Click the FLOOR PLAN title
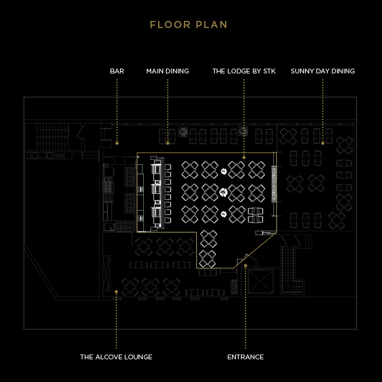[189, 25]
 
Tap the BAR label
[117, 71]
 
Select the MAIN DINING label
[168, 71]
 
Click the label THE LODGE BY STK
[244, 71]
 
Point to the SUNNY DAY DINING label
[323, 71]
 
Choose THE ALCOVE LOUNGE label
[116, 357]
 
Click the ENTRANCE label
[245, 357]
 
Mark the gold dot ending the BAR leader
[117, 143]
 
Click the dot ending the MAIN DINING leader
[168, 143]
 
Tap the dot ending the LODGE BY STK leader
[244, 157]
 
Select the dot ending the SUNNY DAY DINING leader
[323, 143]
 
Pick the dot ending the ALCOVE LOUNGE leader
[116, 292]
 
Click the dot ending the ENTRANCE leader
[245, 266]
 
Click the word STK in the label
[269, 71]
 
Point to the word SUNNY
[302, 71]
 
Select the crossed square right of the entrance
[261, 281]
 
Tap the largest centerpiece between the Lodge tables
[223, 192]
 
